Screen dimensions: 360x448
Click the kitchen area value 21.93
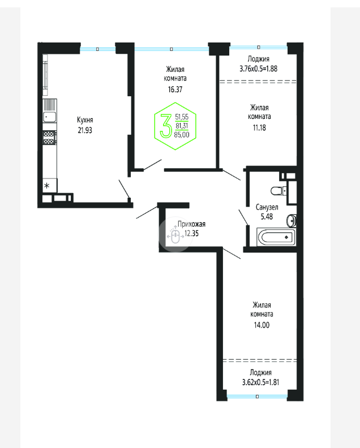click(85, 130)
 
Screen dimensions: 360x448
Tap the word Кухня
click(85, 120)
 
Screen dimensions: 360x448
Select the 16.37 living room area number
click(175, 89)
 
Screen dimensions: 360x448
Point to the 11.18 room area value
click(259, 127)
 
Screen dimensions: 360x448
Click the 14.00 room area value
click(262, 325)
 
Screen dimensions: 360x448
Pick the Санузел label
click(267, 207)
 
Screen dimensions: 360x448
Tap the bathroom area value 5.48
click(267, 216)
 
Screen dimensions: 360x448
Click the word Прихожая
click(191, 224)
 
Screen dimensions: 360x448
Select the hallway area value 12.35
click(191, 233)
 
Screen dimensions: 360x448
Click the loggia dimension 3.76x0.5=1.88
click(258, 69)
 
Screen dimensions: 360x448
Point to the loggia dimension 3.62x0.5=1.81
click(260, 382)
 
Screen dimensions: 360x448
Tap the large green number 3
click(166, 126)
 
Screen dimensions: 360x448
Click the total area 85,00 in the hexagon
click(182, 135)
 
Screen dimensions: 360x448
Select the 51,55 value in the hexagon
click(182, 117)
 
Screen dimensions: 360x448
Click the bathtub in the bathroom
click(276, 237)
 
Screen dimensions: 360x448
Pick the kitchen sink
click(50, 117)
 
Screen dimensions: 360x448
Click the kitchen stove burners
click(49, 138)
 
